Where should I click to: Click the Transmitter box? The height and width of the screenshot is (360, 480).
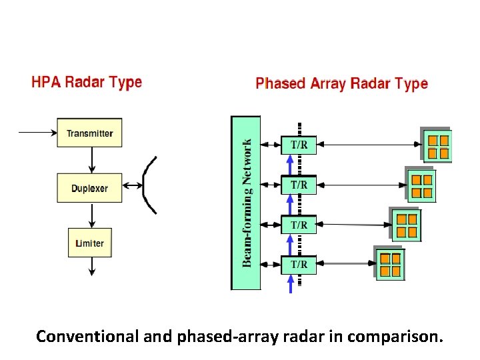tap(89, 133)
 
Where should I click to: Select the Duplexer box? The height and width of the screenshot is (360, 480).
tap(89, 189)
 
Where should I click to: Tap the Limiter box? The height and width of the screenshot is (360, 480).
tap(89, 243)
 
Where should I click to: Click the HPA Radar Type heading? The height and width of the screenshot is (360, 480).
tap(87, 83)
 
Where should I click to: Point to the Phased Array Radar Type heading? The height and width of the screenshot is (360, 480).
tap(341, 84)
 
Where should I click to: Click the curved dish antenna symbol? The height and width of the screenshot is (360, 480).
tap(149, 185)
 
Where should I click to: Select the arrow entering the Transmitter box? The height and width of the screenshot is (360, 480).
tap(37, 133)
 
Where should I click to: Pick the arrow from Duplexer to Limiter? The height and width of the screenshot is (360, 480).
tap(92, 215)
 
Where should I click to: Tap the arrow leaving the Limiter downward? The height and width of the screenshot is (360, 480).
tap(92, 266)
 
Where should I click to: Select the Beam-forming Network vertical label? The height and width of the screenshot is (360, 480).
tap(247, 203)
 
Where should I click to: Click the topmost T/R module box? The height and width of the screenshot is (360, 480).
tap(299, 145)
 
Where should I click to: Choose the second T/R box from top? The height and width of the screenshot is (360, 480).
tap(299, 185)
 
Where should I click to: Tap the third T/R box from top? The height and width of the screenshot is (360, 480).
tap(299, 225)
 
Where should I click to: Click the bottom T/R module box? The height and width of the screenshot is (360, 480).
tap(299, 265)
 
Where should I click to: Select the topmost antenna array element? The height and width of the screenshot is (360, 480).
tap(437, 146)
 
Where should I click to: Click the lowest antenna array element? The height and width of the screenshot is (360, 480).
tap(390, 264)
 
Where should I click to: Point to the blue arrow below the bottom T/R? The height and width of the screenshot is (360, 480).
tap(290, 284)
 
